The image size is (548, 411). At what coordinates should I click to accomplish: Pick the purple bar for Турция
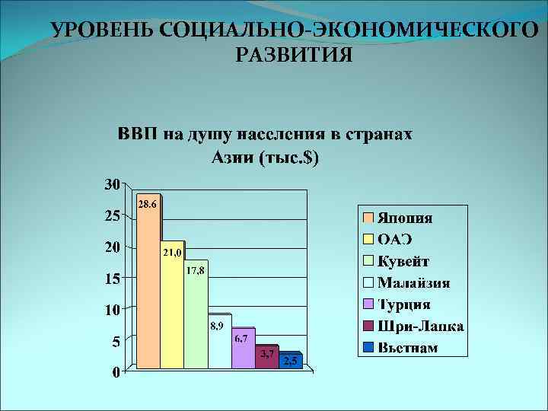243,354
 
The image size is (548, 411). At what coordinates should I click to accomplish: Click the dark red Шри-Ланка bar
266,362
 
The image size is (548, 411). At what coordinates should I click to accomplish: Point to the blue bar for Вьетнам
290,364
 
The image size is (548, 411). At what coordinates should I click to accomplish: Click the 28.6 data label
147,205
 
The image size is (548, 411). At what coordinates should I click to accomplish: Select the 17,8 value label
196,271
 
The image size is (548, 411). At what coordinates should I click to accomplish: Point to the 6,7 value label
240,339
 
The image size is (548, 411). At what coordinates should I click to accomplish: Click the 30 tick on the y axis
111,184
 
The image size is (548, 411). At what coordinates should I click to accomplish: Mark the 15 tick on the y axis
111,279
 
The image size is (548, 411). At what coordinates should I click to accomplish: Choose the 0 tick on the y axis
114,373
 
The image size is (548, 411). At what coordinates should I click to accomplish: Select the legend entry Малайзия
413,283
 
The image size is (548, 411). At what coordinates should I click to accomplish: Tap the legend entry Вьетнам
408,348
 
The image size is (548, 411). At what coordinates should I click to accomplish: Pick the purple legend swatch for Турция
368,304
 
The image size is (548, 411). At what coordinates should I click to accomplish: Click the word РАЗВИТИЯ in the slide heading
294,55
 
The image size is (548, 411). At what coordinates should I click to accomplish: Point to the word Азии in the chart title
231,158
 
